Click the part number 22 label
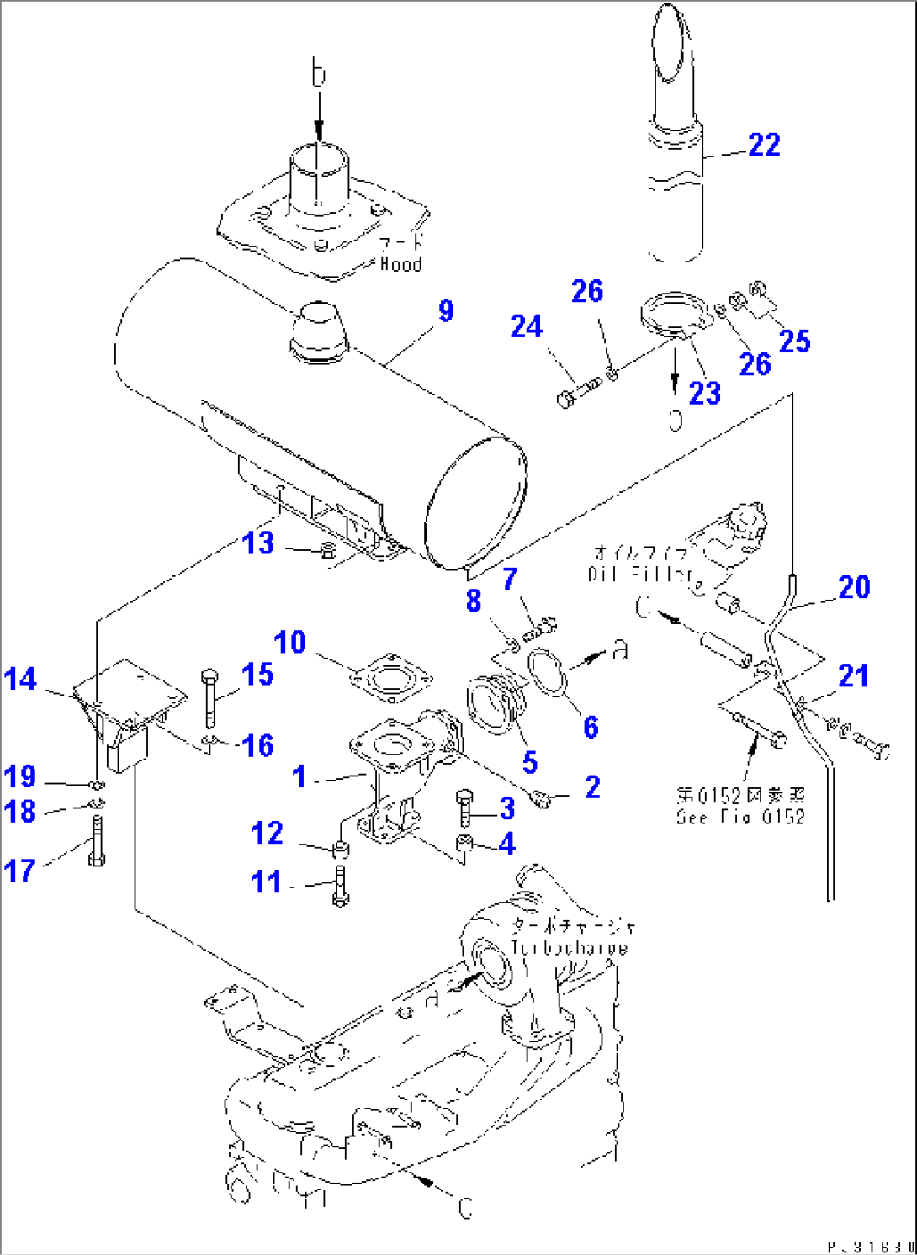(764, 145)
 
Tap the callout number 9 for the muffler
(446, 311)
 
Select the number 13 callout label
(258, 543)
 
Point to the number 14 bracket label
(20, 680)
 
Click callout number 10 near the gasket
(290, 643)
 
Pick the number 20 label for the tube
(854, 587)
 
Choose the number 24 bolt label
(527, 326)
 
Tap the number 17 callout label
(20, 871)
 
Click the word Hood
(400, 264)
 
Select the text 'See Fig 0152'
(740, 817)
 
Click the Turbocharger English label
(569, 948)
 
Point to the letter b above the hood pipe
(318, 74)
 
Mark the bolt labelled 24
(577, 392)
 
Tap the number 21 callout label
(853, 675)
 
